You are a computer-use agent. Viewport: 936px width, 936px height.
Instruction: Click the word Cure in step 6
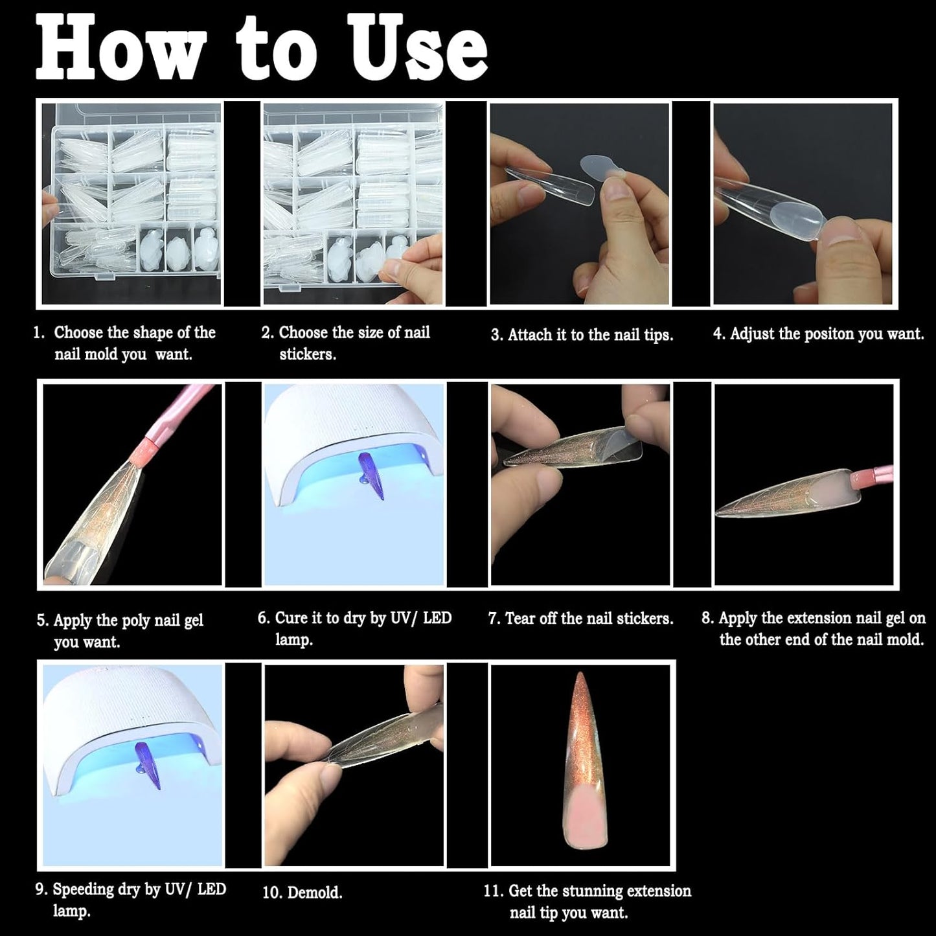[x=291, y=618]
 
